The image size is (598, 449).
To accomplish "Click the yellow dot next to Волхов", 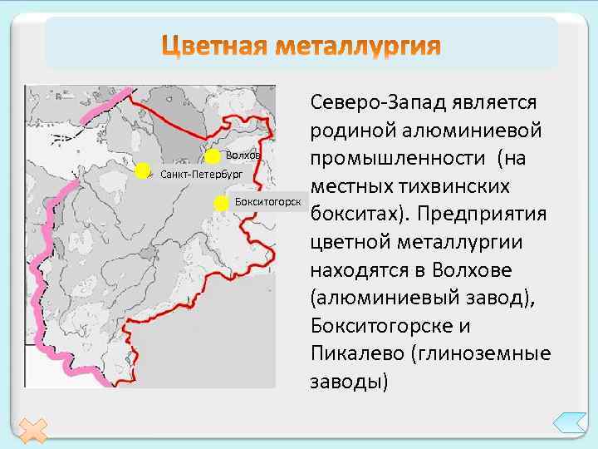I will [x=213, y=155].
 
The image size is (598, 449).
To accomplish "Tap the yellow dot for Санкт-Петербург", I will [x=144, y=171].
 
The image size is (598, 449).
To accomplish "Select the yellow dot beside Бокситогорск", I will [x=222, y=202].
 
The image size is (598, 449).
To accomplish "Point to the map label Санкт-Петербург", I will [x=201, y=175].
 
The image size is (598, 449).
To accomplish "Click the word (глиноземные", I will [x=482, y=354].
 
